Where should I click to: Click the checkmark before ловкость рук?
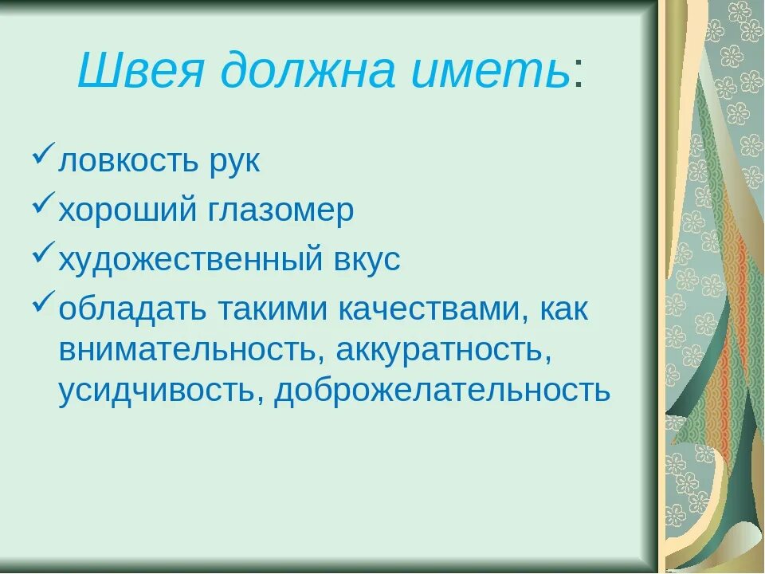(44, 155)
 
